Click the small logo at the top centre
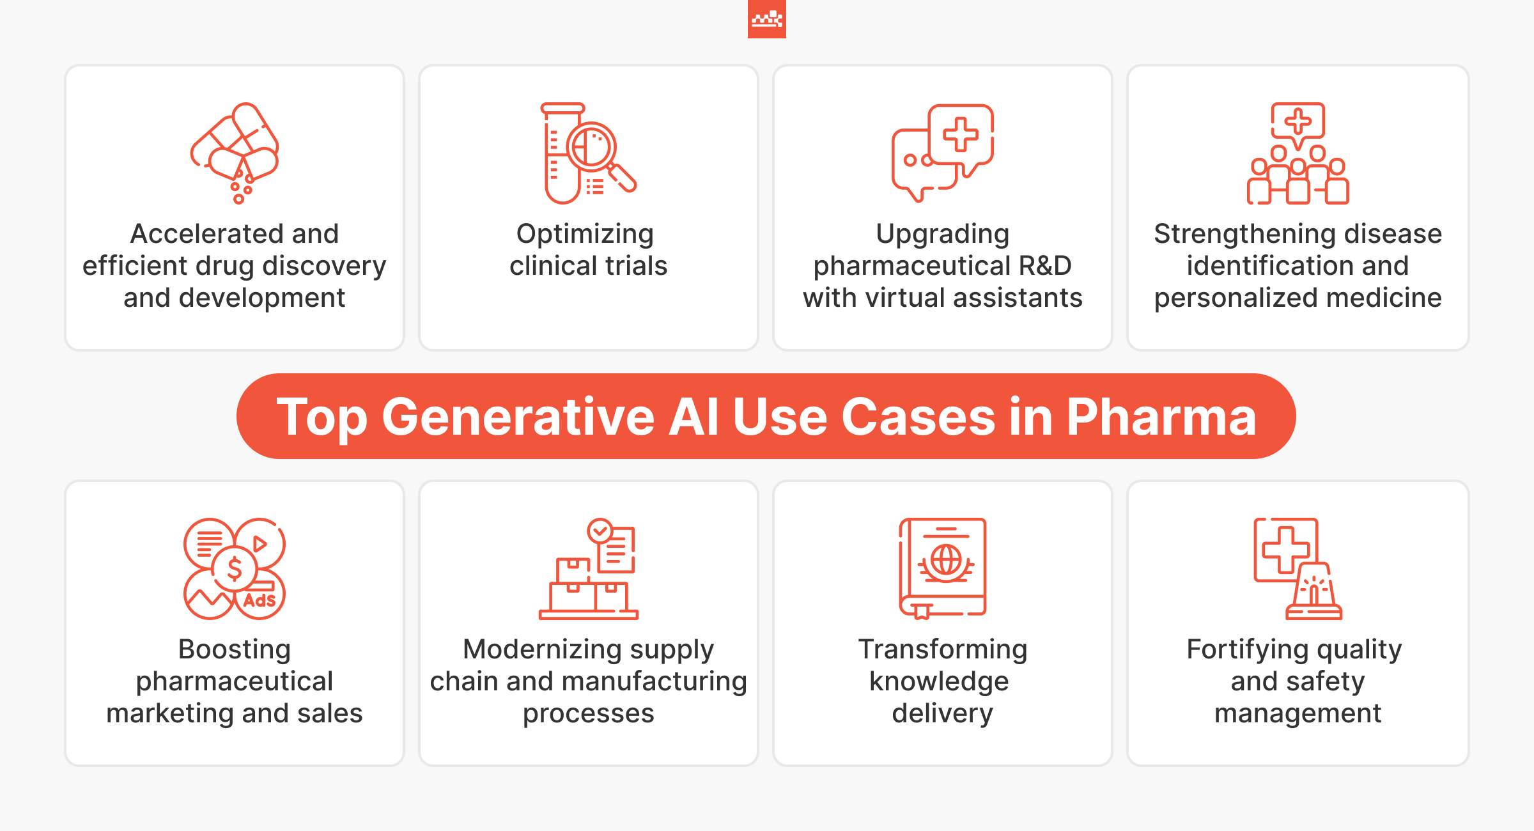click(x=767, y=19)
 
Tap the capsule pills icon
click(x=235, y=153)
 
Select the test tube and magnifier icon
click(x=589, y=153)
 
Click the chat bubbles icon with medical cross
click(x=943, y=153)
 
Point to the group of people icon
click(x=1298, y=153)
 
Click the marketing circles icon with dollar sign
click(x=235, y=568)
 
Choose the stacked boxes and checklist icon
click(x=589, y=568)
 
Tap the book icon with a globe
click(x=943, y=568)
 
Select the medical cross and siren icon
click(x=1298, y=568)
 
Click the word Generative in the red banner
click(x=518, y=417)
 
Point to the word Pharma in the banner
click(x=1161, y=417)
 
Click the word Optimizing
click(x=585, y=235)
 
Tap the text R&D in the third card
click(x=1045, y=265)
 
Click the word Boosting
click(x=235, y=650)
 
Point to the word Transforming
click(x=943, y=650)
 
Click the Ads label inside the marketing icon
click(x=259, y=601)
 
